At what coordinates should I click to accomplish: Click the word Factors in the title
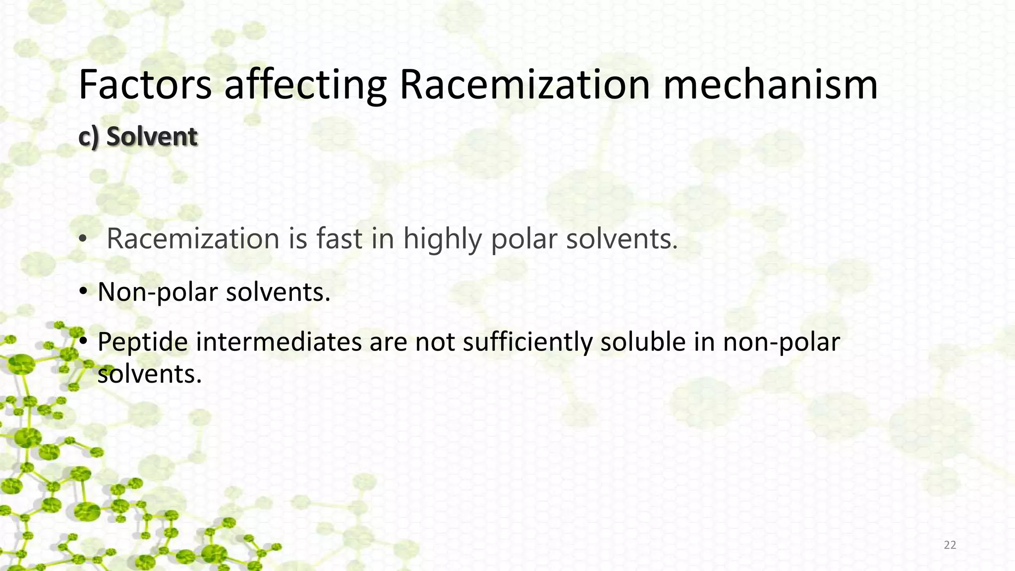(145, 85)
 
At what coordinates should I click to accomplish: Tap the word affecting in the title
(305, 85)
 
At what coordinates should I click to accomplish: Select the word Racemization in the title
(524, 85)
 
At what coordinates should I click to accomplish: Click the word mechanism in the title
(770, 85)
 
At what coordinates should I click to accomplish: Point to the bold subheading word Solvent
(152, 136)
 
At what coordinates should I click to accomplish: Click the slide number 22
(950, 545)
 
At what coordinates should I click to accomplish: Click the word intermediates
(279, 342)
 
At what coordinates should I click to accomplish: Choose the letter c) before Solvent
(89, 136)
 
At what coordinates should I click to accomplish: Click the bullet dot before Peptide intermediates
(83, 341)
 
